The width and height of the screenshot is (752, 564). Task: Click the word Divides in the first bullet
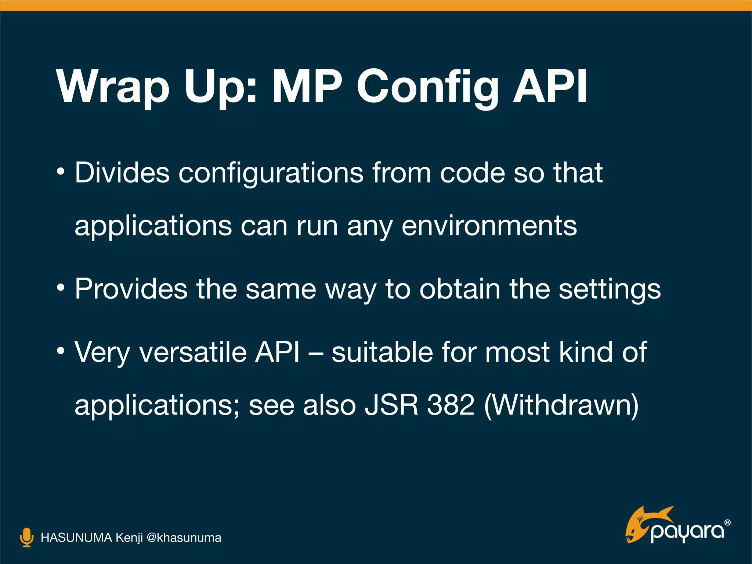coord(122,172)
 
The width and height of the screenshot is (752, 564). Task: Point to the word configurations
coord(271,174)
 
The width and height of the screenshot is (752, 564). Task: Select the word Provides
coord(131,289)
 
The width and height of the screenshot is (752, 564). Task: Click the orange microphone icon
coord(26,538)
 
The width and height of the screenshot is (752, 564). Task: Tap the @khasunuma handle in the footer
coord(184,538)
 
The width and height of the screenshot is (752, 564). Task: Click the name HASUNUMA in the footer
coord(76,538)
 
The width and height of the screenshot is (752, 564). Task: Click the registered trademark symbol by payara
coord(727,523)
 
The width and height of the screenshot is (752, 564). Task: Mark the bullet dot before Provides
coord(61,288)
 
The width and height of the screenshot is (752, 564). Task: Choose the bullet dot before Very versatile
coord(61,351)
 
